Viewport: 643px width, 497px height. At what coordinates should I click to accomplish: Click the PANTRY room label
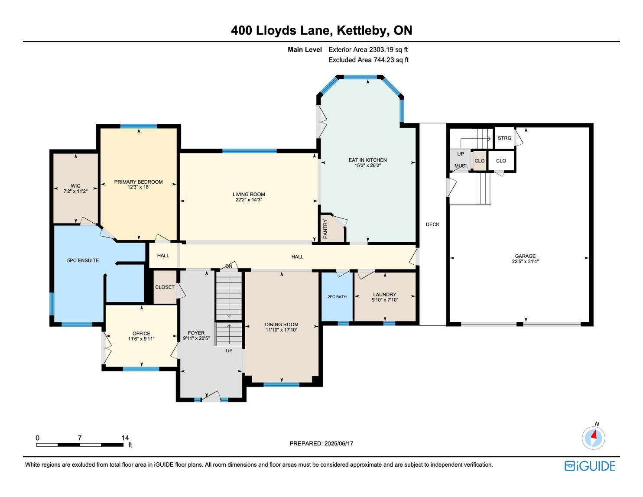click(325, 229)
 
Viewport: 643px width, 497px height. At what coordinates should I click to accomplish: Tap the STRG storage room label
click(504, 138)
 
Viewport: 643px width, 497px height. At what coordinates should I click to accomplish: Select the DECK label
click(432, 224)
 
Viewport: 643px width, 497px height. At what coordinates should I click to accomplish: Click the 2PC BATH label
click(337, 296)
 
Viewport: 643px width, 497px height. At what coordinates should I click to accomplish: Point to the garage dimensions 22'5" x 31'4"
click(525, 261)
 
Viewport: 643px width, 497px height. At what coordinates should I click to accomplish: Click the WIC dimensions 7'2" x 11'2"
click(75, 191)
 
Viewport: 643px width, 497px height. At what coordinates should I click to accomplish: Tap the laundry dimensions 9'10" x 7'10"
click(385, 300)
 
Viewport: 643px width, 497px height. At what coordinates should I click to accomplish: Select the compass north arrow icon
click(593, 438)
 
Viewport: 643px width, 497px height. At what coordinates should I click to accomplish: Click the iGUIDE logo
click(590, 466)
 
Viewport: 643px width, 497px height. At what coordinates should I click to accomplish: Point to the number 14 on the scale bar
click(125, 438)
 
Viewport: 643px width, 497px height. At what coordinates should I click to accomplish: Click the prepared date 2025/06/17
click(338, 443)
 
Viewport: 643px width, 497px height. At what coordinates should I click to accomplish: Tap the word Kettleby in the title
click(362, 31)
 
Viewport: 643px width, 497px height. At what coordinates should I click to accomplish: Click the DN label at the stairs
click(229, 266)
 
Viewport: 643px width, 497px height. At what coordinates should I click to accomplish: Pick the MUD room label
click(460, 166)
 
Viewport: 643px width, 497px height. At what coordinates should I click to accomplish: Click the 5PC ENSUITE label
click(83, 260)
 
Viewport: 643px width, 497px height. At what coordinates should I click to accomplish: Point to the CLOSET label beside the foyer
click(165, 287)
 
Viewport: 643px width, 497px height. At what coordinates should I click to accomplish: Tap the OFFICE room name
click(141, 333)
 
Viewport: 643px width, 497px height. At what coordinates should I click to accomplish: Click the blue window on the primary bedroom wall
click(139, 127)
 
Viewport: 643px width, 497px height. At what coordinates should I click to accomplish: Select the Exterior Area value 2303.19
click(381, 50)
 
